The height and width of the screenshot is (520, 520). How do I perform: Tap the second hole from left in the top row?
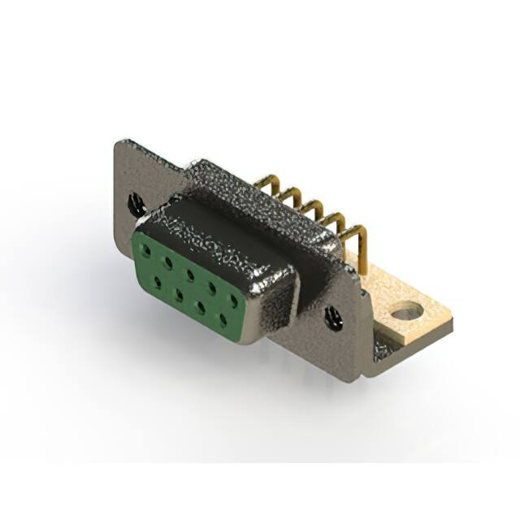coord(169,259)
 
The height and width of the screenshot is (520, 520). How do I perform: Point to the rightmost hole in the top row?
coord(234,300)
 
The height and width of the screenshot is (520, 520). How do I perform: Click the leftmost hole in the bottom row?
coord(157,280)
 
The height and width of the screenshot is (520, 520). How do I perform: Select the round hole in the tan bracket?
coord(407,310)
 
